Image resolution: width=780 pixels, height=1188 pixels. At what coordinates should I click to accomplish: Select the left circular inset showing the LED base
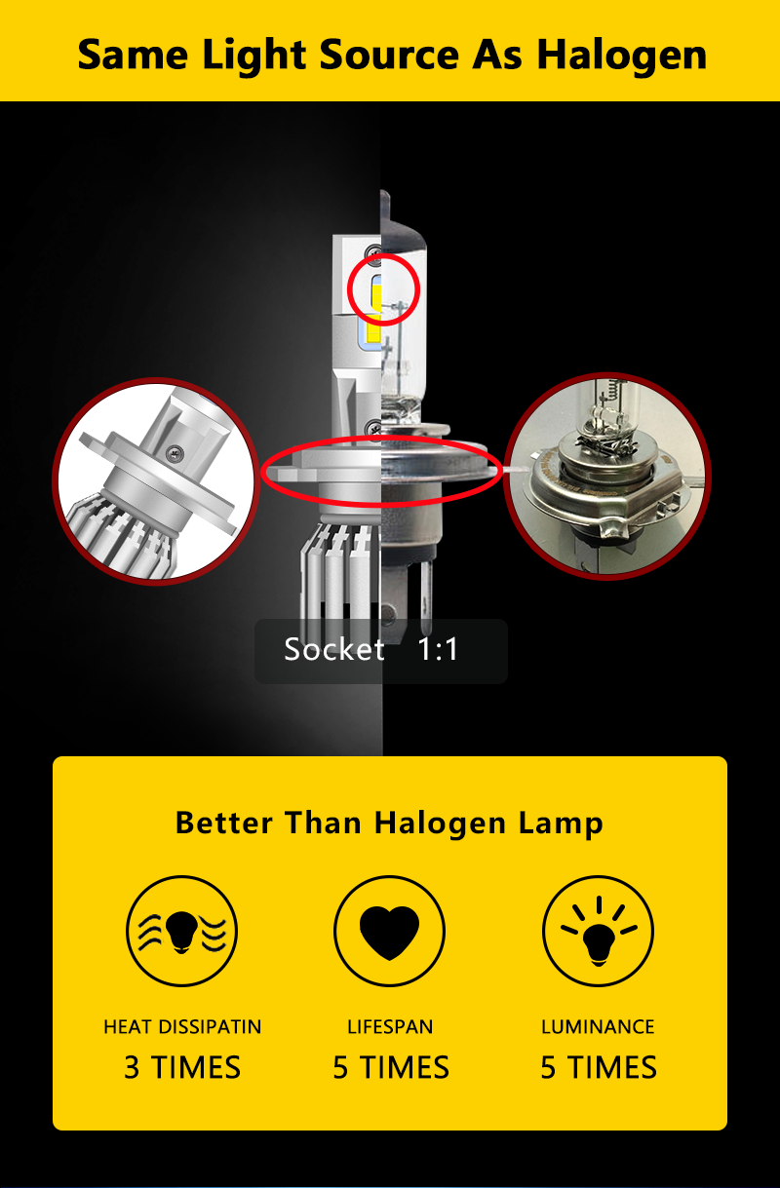point(155,482)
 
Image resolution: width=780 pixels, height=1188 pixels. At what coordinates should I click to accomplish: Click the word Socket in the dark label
point(334,650)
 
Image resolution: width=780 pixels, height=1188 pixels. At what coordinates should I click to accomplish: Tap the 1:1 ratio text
point(438,650)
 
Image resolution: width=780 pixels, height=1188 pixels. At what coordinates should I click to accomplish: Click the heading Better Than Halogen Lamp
point(389,823)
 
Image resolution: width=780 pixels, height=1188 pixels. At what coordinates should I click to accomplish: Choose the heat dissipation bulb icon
point(182,931)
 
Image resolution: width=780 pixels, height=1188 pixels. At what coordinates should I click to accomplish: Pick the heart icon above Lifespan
point(389,931)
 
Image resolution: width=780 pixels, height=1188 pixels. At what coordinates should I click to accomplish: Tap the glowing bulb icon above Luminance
point(598,931)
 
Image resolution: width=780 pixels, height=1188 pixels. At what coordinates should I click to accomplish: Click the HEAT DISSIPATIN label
point(182,1027)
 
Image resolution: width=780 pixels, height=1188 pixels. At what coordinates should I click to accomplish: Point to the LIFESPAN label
point(390,1027)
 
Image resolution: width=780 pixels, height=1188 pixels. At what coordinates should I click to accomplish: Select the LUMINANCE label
point(598,1027)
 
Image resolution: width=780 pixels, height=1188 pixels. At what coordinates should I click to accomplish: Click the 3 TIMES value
point(182,1067)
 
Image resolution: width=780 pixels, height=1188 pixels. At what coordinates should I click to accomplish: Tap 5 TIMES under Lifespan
point(390,1067)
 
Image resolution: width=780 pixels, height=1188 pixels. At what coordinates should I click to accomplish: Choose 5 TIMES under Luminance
point(598,1067)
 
